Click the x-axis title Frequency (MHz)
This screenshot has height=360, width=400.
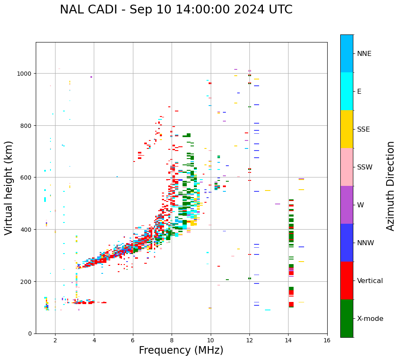tap(181, 350)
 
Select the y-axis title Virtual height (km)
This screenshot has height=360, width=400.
tap(9, 188)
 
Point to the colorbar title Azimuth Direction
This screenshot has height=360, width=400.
tap(391, 186)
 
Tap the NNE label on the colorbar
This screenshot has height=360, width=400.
tap(364, 54)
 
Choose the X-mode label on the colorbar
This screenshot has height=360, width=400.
tap(370, 319)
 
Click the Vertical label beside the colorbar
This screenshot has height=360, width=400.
tap(370, 281)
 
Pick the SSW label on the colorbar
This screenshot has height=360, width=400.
tap(365, 167)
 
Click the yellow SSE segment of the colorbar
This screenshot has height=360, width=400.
tap(347, 129)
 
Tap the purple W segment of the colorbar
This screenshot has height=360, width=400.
tap(347, 205)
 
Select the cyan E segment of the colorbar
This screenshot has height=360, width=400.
tap(347, 91)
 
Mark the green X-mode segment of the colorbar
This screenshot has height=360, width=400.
tap(347, 318)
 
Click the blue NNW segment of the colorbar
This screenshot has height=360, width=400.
tap(347, 243)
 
